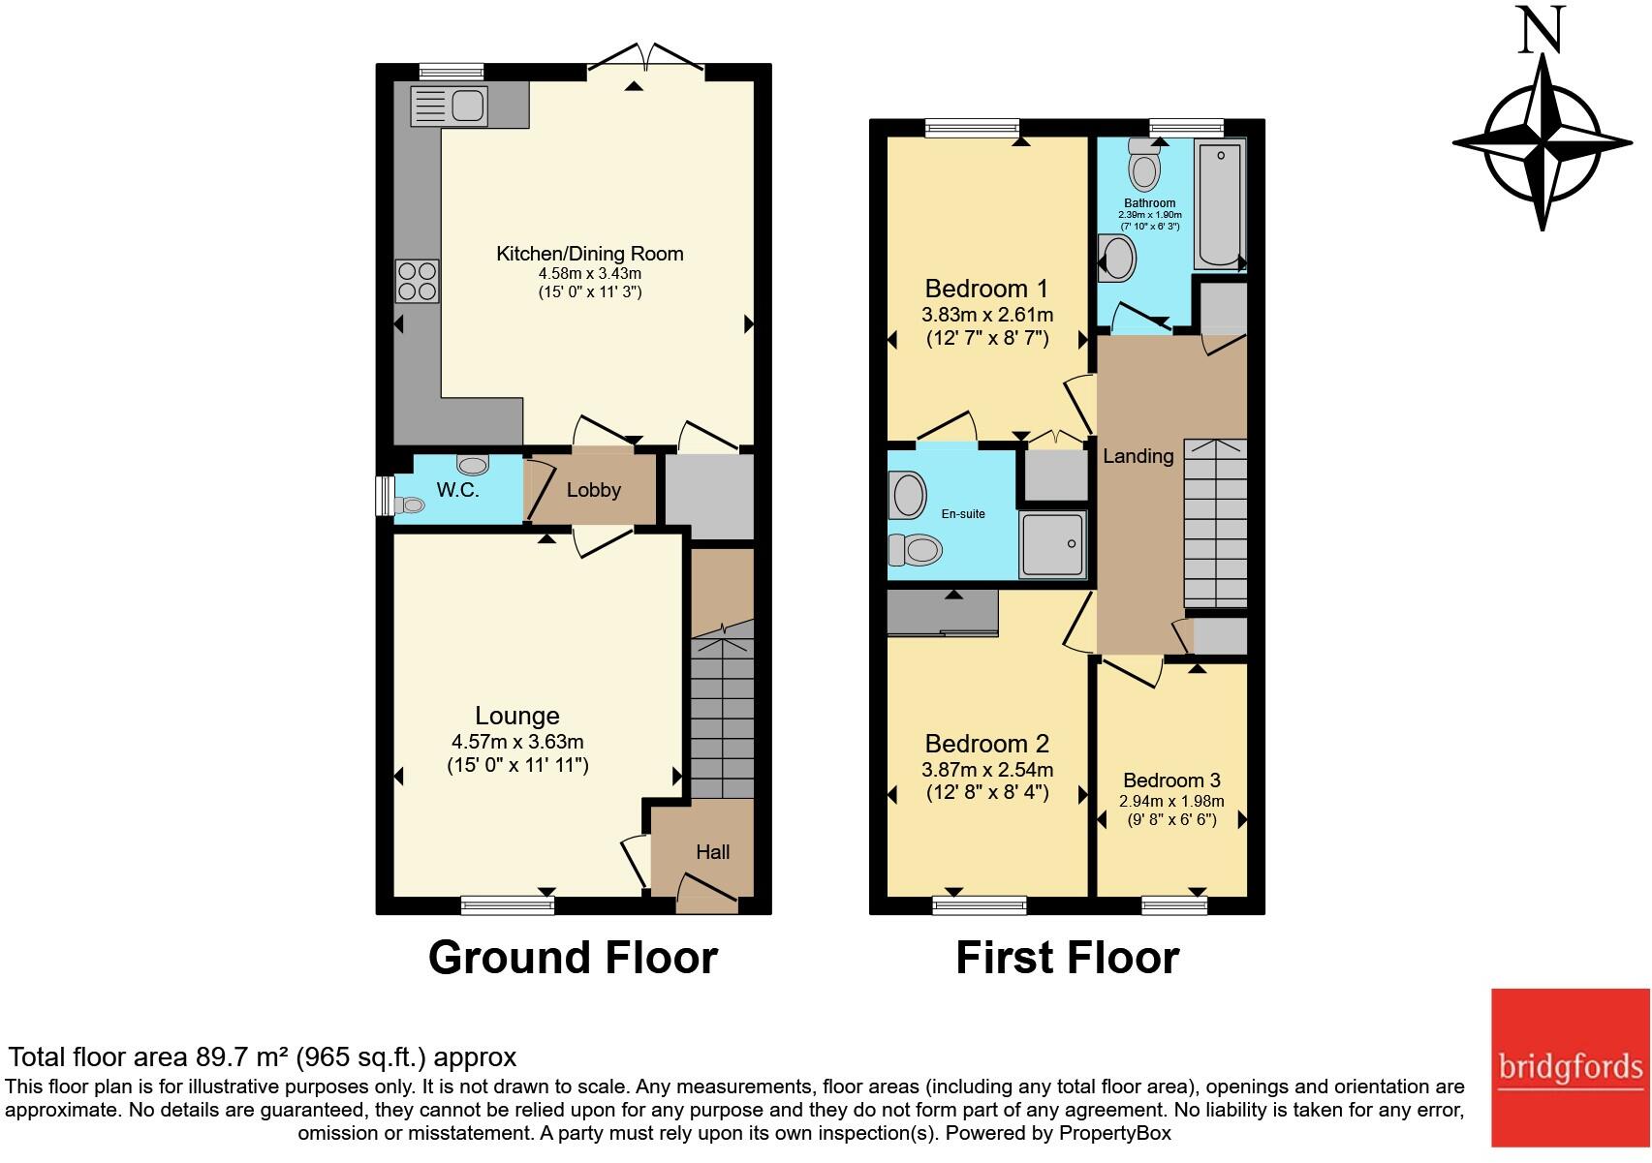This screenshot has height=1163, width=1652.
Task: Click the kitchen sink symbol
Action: pyautogui.click(x=449, y=106)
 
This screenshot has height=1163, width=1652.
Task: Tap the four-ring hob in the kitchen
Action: pyautogui.click(x=417, y=282)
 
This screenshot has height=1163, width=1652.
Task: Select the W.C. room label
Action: pyautogui.click(x=457, y=490)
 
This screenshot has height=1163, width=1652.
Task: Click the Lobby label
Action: pyautogui.click(x=593, y=490)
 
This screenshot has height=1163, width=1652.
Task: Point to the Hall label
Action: pyautogui.click(x=712, y=852)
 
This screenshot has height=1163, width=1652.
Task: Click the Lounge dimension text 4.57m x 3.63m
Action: pyautogui.click(x=517, y=743)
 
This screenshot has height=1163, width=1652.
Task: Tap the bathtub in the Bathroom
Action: pyautogui.click(x=1220, y=203)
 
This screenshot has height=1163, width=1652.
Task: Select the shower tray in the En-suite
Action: pyautogui.click(x=1052, y=545)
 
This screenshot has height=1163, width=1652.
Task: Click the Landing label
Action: pyautogui.click(x=1138, y=456)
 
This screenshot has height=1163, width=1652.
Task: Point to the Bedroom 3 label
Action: pyautogui.click(x=1171, y=780)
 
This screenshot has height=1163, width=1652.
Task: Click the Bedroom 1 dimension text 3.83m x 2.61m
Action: pyautogui.click(x=987, y=315)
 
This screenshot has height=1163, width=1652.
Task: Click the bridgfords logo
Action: pyautogui.click(x=1570, y=1068)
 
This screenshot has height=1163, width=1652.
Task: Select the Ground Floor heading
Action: pyautogui.click(x=573, y=957)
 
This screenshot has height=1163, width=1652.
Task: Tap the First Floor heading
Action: pyautogui.click(x=1067, y=957)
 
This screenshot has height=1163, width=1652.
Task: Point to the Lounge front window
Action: pyautogui.click(x=508, y=905)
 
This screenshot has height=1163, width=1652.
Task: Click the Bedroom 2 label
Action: pyautogui.click(x=986, y=744)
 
